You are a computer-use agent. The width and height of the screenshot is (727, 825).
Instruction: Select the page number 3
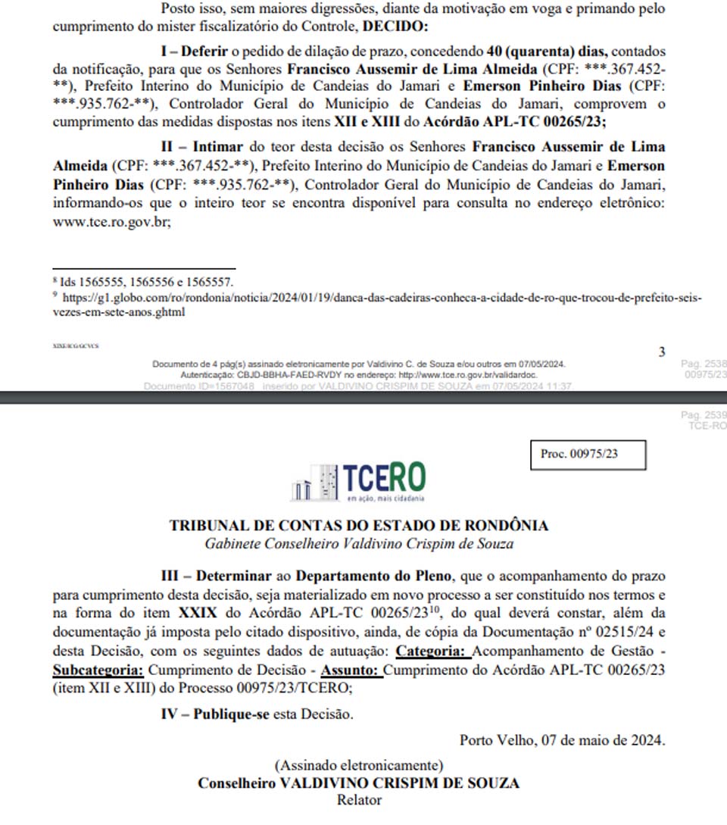pos(662,352)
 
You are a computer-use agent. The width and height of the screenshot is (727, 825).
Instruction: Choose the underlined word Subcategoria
pos(98,670)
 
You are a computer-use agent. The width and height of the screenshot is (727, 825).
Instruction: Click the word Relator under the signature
pos(359,799)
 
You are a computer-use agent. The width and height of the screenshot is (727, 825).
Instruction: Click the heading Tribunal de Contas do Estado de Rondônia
pos(359,525)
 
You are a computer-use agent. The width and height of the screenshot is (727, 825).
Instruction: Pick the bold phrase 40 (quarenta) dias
pos(548,52)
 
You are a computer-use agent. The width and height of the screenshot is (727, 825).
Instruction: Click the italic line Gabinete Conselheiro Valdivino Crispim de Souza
pos(359,543)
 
